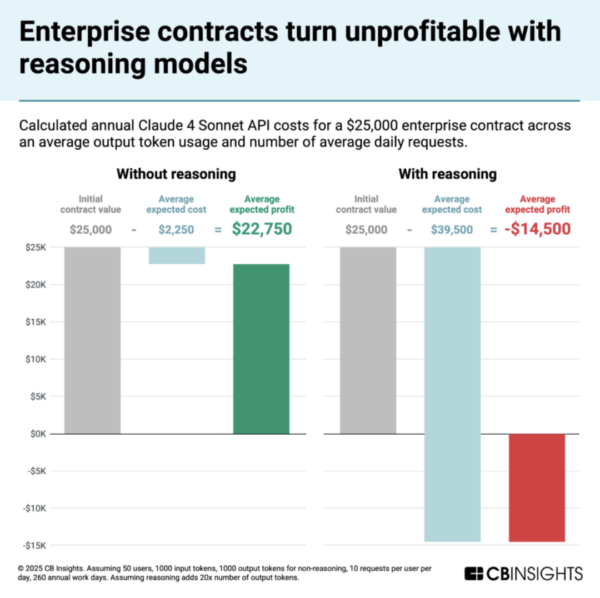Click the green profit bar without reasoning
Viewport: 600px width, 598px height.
(261, 349)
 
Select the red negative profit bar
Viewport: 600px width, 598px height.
(537, 488)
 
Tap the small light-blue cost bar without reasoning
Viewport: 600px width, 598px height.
(177, 255)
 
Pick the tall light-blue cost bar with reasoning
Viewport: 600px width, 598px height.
(452, 394)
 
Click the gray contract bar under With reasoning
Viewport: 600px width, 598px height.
(368, 340)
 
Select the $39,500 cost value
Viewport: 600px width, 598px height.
(452, 229)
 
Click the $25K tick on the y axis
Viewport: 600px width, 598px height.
(36, 247)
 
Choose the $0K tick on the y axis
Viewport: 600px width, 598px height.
(38, 434)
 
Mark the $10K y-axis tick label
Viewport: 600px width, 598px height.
(36, 359)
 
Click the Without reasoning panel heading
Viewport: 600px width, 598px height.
(176, 174)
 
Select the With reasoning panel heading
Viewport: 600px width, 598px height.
(447, 174)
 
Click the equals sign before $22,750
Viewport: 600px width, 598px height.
(217, 229)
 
